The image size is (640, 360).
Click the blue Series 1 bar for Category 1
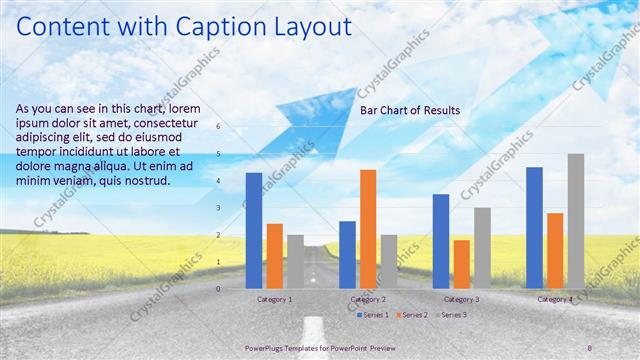coord(254,230)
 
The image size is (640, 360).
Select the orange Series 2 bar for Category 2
coord(368,229)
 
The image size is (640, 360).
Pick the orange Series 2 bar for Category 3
coord(461,264)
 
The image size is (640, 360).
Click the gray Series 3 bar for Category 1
coord(295,262)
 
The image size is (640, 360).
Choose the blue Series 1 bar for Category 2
coord(347,255)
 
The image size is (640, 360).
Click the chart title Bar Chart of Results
coord(410,110)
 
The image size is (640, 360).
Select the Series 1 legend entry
coord(374,315)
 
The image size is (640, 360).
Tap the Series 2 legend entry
coord(412,315)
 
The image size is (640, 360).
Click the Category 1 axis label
coord(275,299)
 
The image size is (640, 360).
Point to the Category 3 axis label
coord(461,299)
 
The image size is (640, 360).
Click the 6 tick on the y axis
coord(218,127)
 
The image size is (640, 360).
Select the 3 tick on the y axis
coord(218,208)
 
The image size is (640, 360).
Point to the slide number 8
coord(589,347)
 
